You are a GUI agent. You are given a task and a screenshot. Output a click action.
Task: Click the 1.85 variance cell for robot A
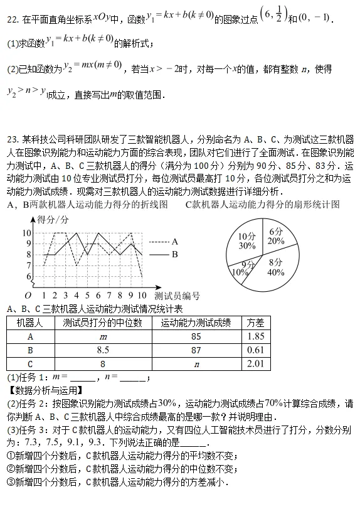[255, 336]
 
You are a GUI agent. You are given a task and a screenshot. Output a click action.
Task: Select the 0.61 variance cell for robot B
[255, 350]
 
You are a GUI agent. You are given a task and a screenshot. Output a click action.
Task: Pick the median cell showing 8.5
[103, 350]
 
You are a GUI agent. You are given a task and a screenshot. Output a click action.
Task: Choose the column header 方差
[255, 323]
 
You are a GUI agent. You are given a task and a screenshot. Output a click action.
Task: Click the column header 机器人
[29, 323]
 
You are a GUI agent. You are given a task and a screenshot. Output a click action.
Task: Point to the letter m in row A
[103, 337]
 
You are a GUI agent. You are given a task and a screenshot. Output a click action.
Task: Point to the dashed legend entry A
[165, 241]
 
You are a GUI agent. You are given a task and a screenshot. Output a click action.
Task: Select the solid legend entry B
[165, 254]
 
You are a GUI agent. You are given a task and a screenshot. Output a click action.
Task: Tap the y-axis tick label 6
[29, 276]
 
